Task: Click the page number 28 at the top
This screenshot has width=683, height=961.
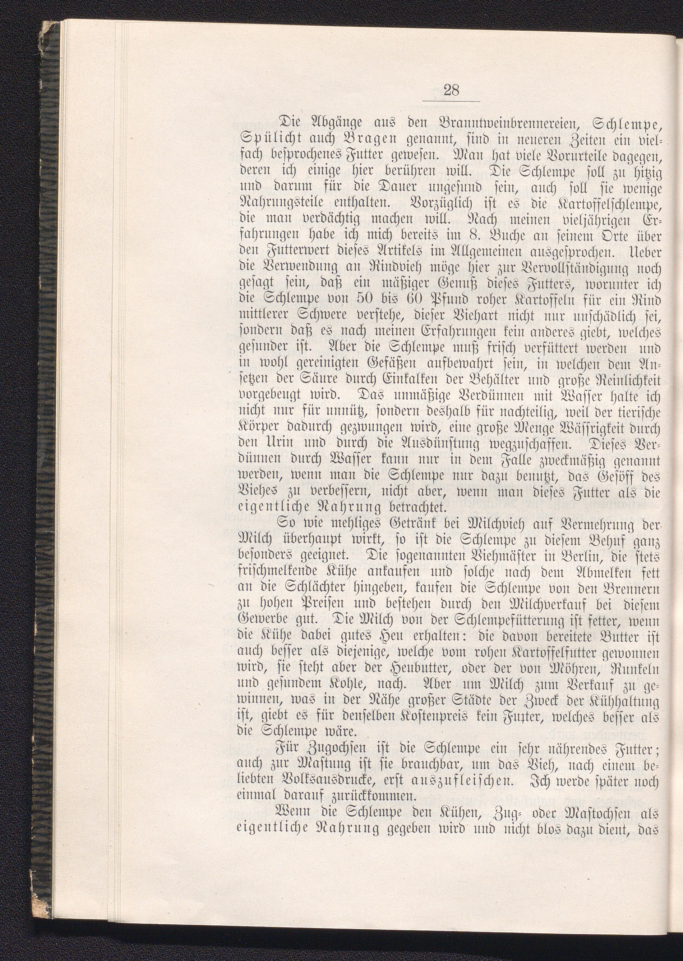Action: tap(451, 91)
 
